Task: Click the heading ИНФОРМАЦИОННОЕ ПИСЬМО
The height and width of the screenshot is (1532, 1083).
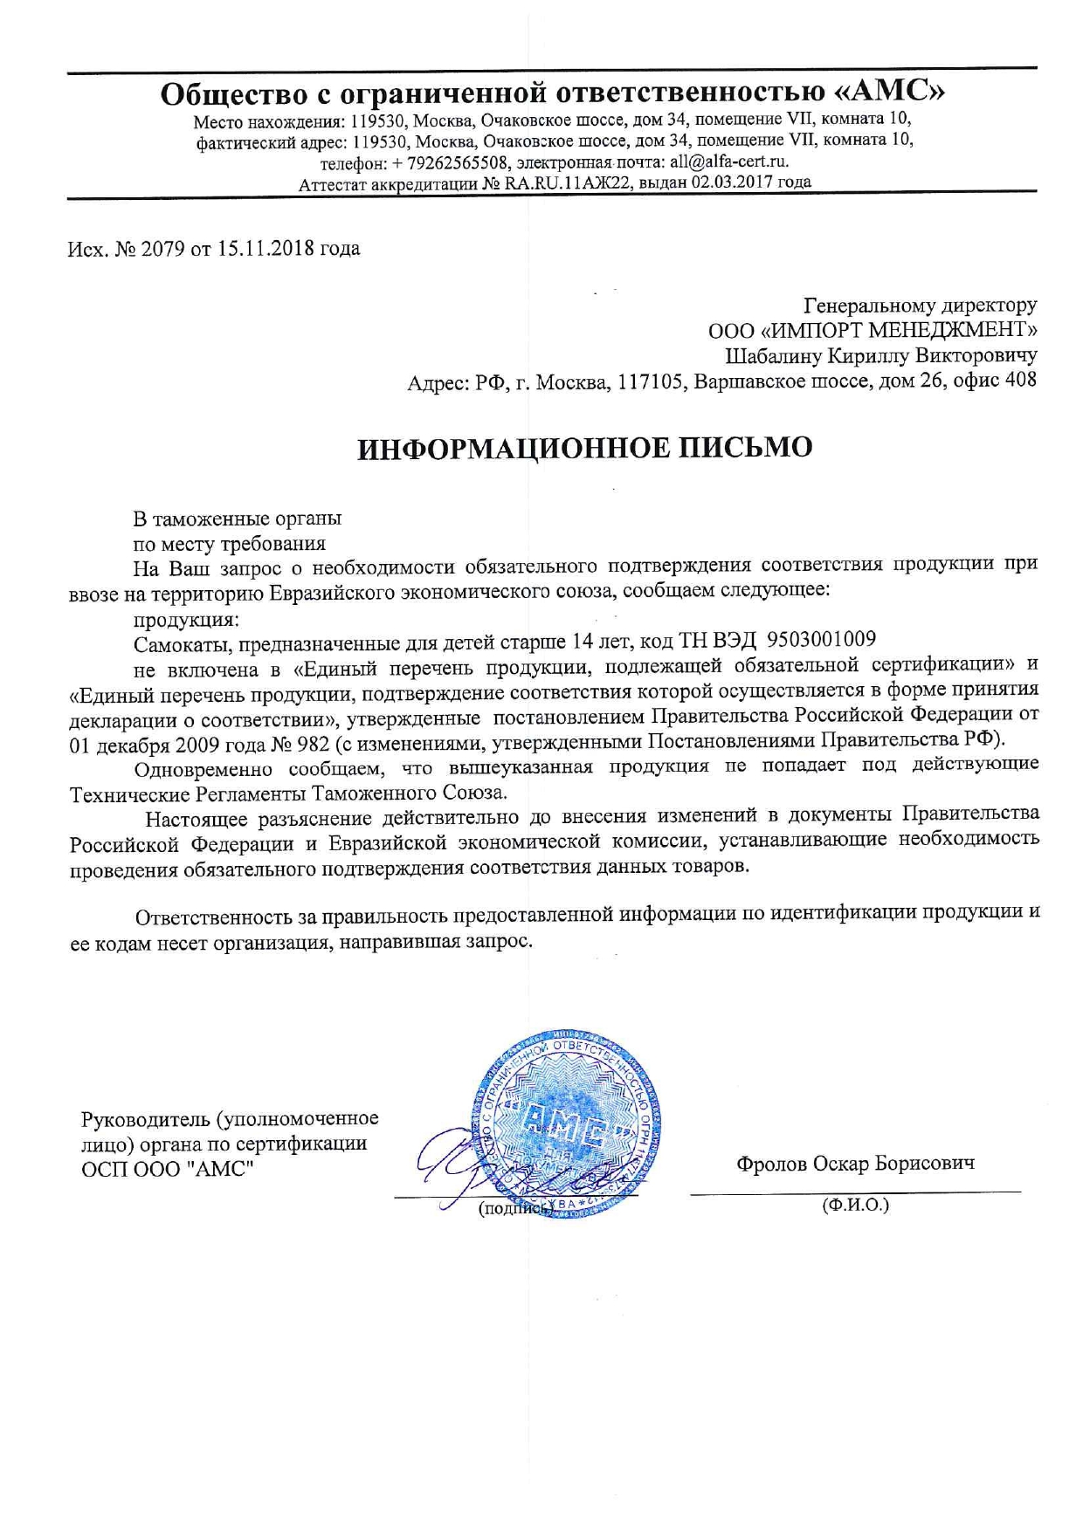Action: pos(584,448)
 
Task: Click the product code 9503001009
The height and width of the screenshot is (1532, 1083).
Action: pos(821,640)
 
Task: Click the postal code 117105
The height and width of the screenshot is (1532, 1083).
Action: pos(649,381)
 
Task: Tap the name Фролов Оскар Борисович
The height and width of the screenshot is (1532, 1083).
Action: pos(855,1164)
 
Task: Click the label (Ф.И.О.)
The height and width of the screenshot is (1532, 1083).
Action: pos(855,1206)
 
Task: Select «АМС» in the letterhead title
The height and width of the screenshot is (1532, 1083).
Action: pos(899,92)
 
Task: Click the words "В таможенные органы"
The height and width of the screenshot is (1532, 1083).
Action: pos(237,518)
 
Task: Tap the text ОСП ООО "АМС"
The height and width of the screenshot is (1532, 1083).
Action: pos(167,1168)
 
